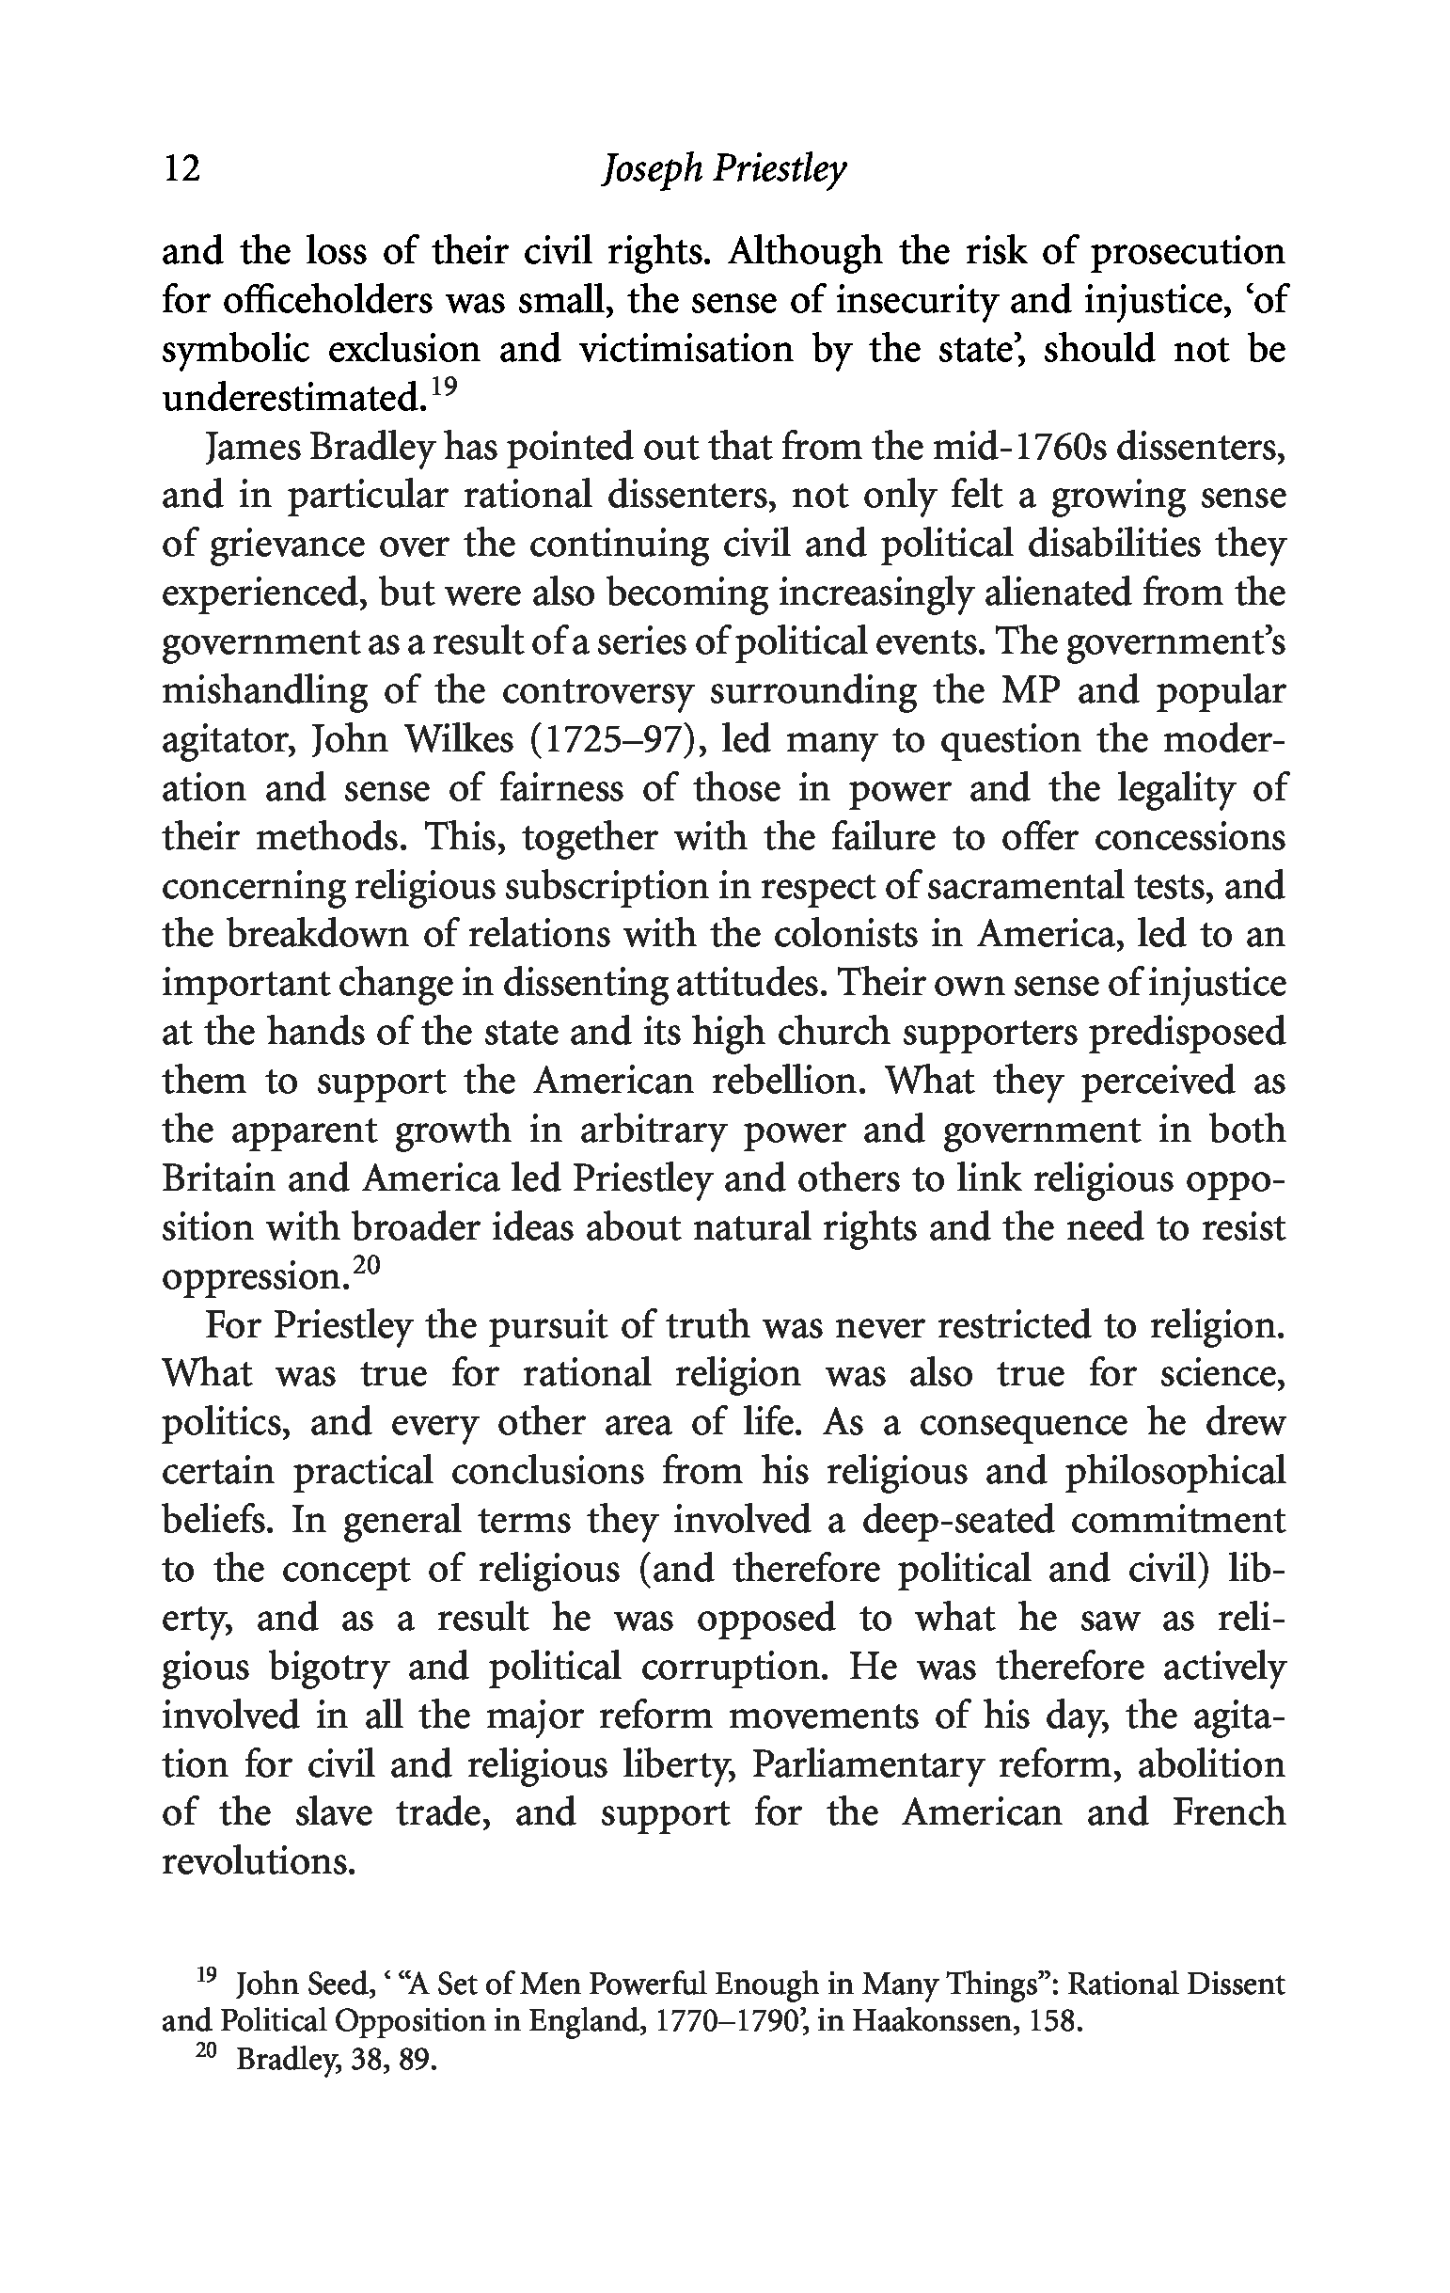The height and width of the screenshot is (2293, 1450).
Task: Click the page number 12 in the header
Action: (181, 169)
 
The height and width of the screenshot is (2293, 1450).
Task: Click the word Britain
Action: (217, 1178)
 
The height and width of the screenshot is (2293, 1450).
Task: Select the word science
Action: (1223, 1374)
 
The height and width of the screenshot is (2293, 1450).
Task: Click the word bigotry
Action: (329, 1668)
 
